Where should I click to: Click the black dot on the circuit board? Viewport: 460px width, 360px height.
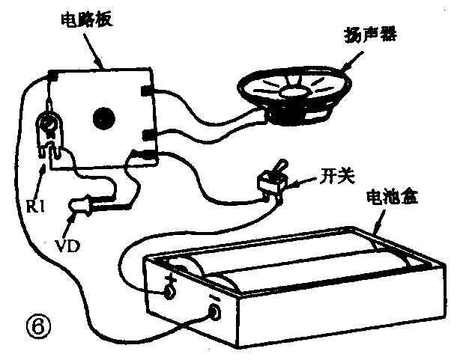click(104, 117)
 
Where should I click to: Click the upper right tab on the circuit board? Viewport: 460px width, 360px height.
click(146, 91)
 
